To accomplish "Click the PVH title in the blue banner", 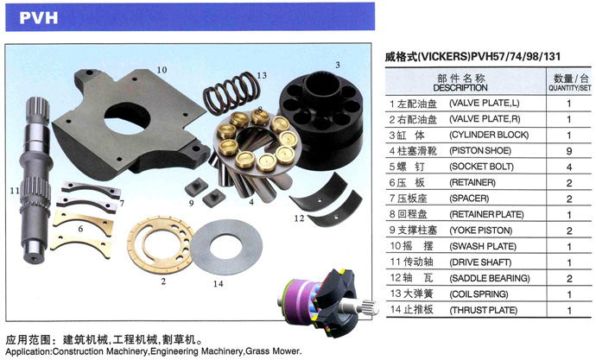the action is tap(39, 18).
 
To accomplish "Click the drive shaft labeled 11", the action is tap(35, 180).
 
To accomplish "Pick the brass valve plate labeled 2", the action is tap(160, 244).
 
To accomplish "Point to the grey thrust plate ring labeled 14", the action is tap(226, 247).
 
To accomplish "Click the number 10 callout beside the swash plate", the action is tap(162, 70).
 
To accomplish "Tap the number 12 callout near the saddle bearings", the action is tap(299, 218).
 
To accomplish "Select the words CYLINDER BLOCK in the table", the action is tap(489, 135).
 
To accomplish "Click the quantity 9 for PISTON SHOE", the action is tap(569, 151).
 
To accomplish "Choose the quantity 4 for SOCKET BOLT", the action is tap(569, 167).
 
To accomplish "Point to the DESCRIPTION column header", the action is tap(460, 88).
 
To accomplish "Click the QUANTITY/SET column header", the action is tap(569, 88).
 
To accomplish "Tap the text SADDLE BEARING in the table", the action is tap(490, 278).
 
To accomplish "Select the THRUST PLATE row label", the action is tap(484, 310).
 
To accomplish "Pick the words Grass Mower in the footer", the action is tap(273, 351).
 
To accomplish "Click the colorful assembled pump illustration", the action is tap(327, 303).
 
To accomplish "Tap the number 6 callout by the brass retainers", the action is tap(80, 229).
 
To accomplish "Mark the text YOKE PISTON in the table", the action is tap(481, 231).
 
